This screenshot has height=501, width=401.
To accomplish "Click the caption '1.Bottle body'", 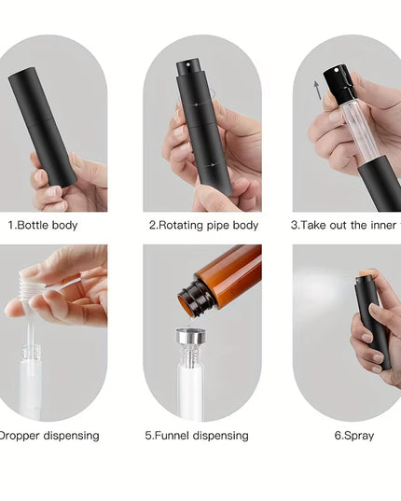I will (42, 225).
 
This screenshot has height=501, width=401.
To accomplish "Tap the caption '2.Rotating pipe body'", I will (198, 225).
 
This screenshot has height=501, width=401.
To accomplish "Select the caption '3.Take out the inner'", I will (344, 225).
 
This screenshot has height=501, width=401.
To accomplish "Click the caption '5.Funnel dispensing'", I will (197, 436).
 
